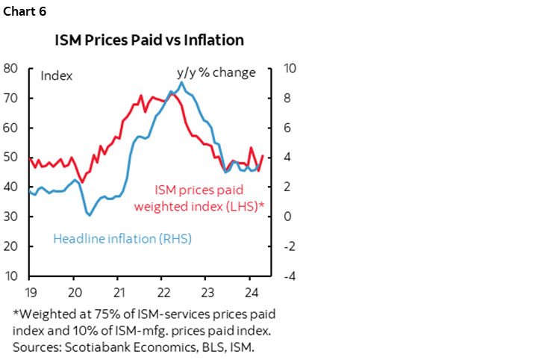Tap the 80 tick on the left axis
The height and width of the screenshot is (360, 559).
point(11,68)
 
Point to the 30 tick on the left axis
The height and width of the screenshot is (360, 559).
point(11,217)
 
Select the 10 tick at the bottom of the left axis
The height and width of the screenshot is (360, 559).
point(11,276)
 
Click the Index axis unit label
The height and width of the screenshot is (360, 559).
point(56,75)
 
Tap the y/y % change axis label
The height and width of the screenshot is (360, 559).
point(216,72)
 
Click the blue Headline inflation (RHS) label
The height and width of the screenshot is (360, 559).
point(122,239)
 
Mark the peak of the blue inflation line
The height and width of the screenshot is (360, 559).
point(182,82)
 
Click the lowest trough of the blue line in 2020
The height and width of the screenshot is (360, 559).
point(89,215)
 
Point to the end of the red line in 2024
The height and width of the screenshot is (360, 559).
point(263,156)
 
